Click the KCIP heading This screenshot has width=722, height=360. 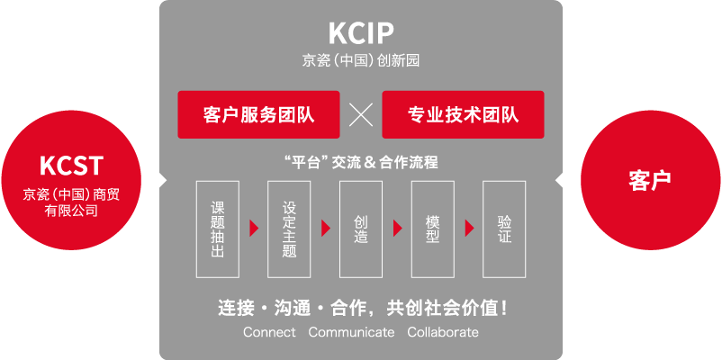tap(361, 33)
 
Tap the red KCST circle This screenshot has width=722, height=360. tap(71, 180)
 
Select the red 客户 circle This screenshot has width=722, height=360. tap(651, 180)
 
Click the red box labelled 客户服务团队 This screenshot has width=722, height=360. tap(258, 114)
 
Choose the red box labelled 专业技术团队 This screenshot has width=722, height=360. tap(464, 114)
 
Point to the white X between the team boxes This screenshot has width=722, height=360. tap(361, 114)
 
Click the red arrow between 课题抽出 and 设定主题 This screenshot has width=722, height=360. tap(254, 229)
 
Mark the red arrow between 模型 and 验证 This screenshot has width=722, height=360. tap(469, 229)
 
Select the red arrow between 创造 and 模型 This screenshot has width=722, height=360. tap(397, 229)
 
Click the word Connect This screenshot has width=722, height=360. tap(269, 332)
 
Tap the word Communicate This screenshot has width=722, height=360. tap(351, 332)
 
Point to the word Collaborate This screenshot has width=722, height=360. tap(443, 332)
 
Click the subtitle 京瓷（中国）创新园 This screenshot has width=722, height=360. tap(361, 61)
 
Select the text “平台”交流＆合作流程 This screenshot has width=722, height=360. tap(361, 162)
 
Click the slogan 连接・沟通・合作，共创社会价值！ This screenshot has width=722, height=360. tap(364, 309)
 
